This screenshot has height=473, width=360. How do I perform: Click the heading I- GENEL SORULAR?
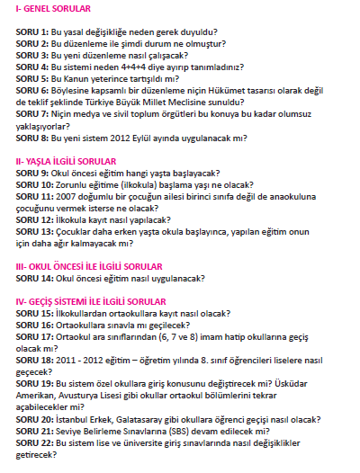coord(53,9)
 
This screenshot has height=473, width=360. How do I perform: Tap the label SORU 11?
coord(34,195)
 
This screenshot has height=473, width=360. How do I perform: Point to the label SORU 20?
coord(34,418)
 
